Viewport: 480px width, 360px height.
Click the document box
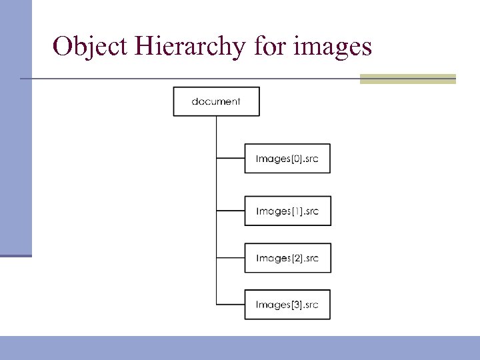216,101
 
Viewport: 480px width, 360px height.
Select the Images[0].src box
287,159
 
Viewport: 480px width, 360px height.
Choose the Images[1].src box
287,211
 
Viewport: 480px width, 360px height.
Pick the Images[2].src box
287,258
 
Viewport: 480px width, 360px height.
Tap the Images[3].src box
287,305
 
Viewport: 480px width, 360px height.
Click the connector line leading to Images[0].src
231,159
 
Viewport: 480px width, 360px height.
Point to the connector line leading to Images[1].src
231,211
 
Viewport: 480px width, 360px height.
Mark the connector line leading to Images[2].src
231,258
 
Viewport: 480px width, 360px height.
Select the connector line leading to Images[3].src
231,305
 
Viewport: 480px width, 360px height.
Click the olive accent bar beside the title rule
407,79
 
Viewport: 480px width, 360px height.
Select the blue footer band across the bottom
240,347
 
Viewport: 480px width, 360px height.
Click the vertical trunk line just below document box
217,130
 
